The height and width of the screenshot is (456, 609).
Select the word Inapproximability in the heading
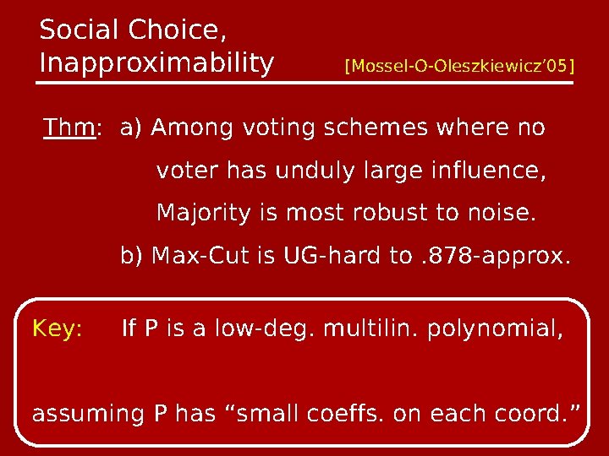point(156,63)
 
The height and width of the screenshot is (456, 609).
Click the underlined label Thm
point(69,129)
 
